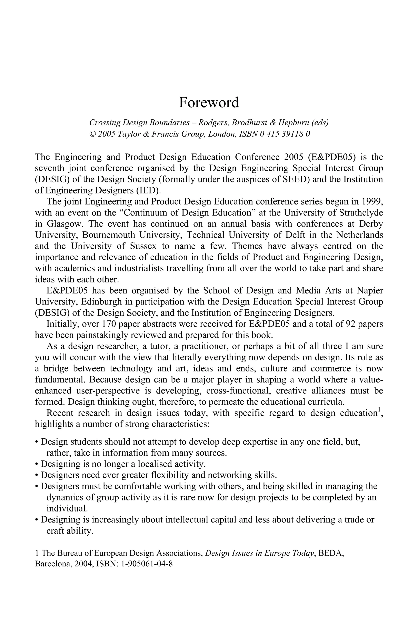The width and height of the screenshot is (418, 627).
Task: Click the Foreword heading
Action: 209,103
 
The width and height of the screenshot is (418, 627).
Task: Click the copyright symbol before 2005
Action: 92,134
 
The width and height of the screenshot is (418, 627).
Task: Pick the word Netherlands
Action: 360,235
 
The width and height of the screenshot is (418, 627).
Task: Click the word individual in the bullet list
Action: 67,509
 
